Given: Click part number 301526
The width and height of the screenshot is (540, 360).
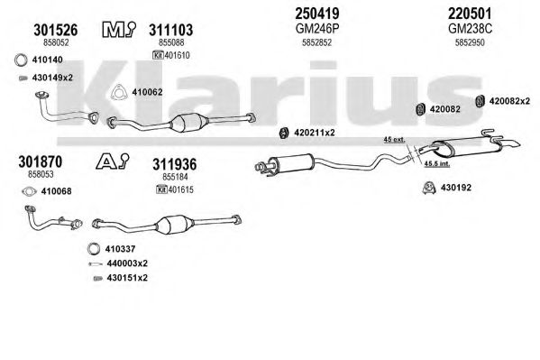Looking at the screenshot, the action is [x=56, y=30].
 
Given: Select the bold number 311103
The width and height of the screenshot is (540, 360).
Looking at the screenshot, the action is [x=170, y=30].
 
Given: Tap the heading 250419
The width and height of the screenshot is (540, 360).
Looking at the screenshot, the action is [x=316, y=14].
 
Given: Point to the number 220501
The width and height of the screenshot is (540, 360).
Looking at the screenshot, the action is [x=470, y=14].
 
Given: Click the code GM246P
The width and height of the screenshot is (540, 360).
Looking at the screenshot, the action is [x=317, y=29].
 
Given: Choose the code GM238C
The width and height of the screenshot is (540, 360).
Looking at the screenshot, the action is [x=470, y=29].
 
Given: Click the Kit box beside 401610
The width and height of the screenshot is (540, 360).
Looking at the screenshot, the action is [x=158, y=55].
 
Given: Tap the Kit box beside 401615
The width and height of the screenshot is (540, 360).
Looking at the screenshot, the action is [x=161, y=189].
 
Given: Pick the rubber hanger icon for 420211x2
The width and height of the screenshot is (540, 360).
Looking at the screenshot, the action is [x=284, y=134].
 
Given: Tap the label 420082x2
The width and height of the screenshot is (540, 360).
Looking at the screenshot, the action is [x=509, y=101].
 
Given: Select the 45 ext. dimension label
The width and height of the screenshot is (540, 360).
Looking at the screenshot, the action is [x=394, y=140].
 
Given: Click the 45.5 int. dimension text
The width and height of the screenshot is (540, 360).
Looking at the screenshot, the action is [x=436, y=163].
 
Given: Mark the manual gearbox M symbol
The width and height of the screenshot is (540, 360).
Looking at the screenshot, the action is [x=119, y=29].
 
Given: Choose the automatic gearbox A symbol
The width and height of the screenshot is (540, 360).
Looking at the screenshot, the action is [x=113, y=162].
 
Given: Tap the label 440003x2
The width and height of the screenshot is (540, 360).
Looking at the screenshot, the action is [x=127, y=263].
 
